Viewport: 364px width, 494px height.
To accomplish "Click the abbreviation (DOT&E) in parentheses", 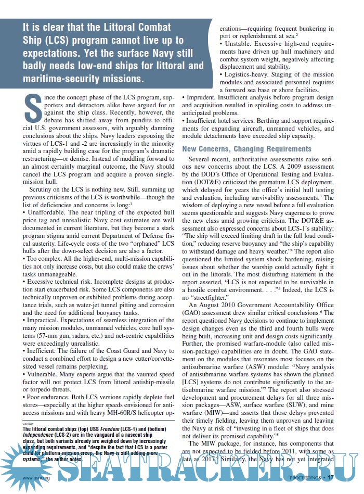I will [198, 184].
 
